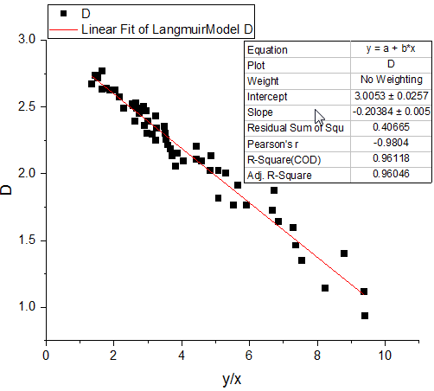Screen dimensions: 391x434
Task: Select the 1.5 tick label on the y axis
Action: (28, 240)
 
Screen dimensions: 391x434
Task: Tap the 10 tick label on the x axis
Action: (385, 354)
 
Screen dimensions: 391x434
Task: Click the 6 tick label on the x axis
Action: (249, 354)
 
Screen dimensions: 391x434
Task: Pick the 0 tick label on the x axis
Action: (46, 354)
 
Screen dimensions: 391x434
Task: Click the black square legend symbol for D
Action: (64, 14)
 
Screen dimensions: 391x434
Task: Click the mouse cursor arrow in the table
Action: (319, 117)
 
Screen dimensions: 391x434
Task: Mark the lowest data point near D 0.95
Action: (365, 316)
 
